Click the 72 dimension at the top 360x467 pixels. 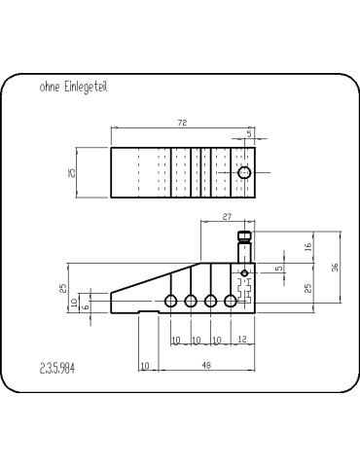tap(183, 123)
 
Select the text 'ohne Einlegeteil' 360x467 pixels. tap(73, 87)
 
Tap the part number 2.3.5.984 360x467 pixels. tap(57, 369)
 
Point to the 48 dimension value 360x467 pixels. tap(206, 365)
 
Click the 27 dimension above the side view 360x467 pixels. tap(227, 216)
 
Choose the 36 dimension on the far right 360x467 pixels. tap(335, 267)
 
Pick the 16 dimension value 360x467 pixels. tap(308, 247)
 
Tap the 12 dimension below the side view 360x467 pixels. tap(242, 340)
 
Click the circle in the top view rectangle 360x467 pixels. tap(244, 172)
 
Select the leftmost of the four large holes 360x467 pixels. tap(170, 301)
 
